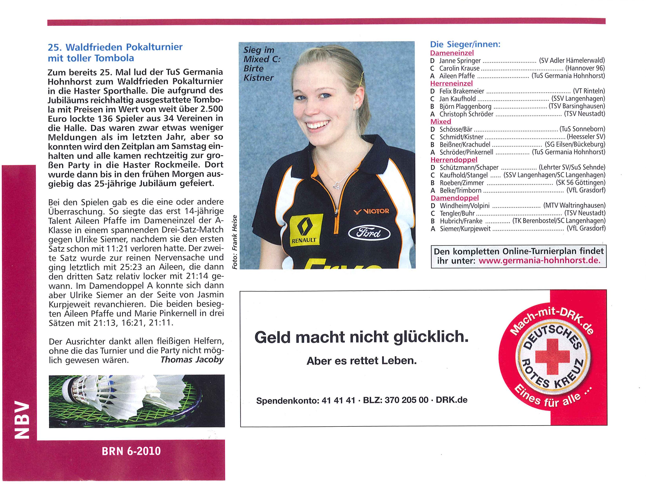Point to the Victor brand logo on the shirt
pyautogui.click(x=371, y=211)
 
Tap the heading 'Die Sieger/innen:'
pyautogui.click(x=465, y=44)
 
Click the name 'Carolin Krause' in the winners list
pyautogui.click(x=459, y=68)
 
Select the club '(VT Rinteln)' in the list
pyautogui.click(x=589, y=91)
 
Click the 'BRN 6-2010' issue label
pyautogui.click(x=131, y=451)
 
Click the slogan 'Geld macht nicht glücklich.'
pyautogui.click(x=361, y=337)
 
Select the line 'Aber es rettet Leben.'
pyautogui.click(x=362, y=361)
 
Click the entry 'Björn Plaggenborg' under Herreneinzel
pyautogui.click(x=465, y=107)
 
